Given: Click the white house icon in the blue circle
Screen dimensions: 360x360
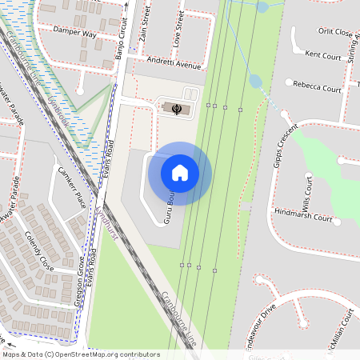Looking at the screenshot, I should pyautogui.click(x=180, y=173).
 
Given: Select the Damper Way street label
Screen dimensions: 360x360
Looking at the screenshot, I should pyautogui.click(x=74, y=34).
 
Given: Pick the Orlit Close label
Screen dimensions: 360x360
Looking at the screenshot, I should pyautogui.click(x=335, y=33).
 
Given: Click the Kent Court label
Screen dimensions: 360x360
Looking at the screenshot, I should pyautogui.click(x=323, y=55).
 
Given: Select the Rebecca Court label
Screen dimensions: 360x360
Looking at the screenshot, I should pyautogui.click(x=318, y=84).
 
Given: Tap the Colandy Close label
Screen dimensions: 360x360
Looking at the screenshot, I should pyautogui.click(x=38, y=250).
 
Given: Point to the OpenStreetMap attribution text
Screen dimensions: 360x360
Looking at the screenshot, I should pyautogui.click(x=81, y=354).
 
